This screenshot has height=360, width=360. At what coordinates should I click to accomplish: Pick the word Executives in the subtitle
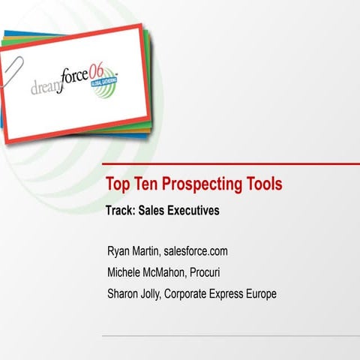pyautogui.click(x=191, y=211)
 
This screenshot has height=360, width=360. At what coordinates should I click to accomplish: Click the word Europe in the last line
pyautogui.click(x=259, y=293)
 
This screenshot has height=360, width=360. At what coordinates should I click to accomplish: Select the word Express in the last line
pyautogui.click(x=220, y=293)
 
